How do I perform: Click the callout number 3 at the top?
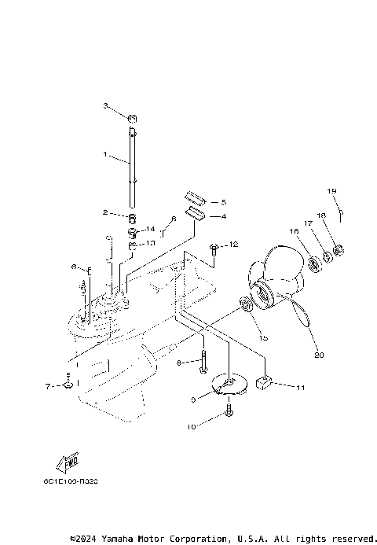pos(106,105)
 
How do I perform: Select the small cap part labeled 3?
pos(133,119)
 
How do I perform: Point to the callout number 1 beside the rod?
pos(106,155)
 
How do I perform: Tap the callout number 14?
pos(151,229)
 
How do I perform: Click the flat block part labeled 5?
pos(194,198)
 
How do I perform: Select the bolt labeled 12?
pos(214,249)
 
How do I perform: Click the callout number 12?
pos(232,245)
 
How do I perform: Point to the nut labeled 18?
pos(340,252)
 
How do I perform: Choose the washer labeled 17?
pos(326,257)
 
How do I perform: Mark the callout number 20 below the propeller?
pos(318,354)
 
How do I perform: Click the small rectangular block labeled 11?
pos(262,385)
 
